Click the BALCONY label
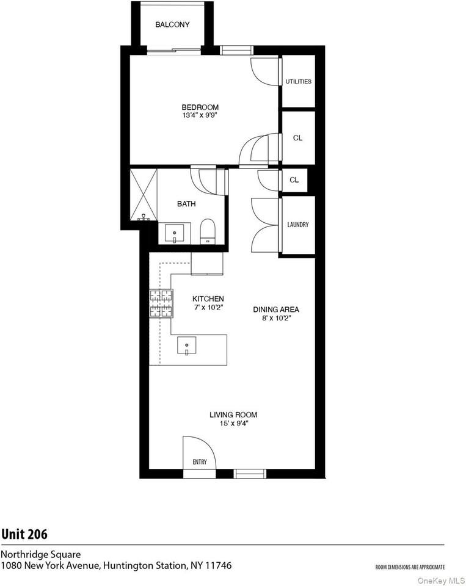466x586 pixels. tap(172, 25)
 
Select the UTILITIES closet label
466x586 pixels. tap(299, 81)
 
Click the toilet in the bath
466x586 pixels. tap(207, 230)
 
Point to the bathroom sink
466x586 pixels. tap(175, 233)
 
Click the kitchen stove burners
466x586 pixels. tap(161, 303)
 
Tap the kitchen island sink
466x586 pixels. tap(186, 346)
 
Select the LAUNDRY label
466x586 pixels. tap(298, 225)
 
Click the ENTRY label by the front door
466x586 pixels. tap(200, 462)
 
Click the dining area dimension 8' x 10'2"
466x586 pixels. tap(276, 317)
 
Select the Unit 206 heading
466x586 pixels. tap(24, 534)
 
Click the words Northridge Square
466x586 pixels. tap(40, 554)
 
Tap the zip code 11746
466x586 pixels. tap(216, 566)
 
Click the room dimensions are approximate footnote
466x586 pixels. tap(410, 567)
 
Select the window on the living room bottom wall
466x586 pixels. tap(250, 473)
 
